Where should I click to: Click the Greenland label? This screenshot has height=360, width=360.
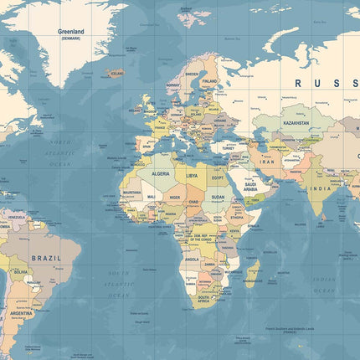click(x=70, y=32)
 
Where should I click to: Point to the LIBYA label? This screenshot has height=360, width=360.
click(x=192, y=176)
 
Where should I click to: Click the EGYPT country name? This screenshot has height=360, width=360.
click(x=217, y=177)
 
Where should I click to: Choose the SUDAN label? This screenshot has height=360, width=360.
click(x=217, y=198)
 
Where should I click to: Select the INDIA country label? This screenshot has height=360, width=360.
click(x=321, y=188)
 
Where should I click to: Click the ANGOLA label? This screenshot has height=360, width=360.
click(x=193, y=259)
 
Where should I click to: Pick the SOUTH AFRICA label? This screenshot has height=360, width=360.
click(x=203, y=298)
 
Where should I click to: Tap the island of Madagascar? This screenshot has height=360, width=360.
click(x=251, y=275)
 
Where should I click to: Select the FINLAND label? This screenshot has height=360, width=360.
click(x=209, y=81)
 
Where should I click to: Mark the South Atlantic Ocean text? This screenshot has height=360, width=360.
click(x=118, y=284)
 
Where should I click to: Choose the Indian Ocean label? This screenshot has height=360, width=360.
click(x=323, y=285)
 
